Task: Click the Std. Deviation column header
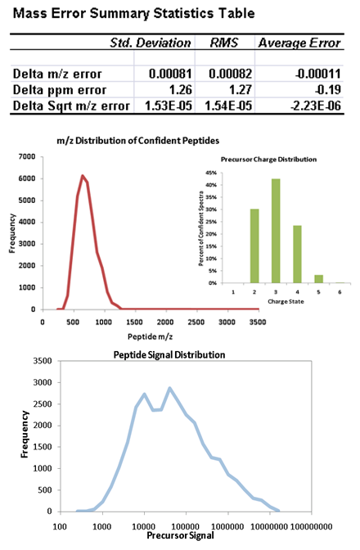coord(151,43)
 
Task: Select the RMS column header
coord(224,43)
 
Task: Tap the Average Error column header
coord(299,43)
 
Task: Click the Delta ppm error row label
coord(59,90)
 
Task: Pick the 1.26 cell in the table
coord(181,90)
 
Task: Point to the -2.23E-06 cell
coord(316,106)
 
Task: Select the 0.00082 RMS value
coord(230,74)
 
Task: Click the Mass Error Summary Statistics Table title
coord(133,13)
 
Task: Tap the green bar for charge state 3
coord(276,231)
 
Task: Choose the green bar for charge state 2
coord(254,246)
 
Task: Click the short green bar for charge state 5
coord(318,279)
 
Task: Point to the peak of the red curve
coord(83,175)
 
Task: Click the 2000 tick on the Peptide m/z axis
coord(165,322)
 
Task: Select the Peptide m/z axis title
coord(150,336)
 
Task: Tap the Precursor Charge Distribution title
coord(268,160)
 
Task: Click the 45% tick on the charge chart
coord(213,173)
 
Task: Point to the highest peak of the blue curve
coord(169,388)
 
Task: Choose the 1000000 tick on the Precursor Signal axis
coord(227,526)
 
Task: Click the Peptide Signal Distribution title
coord(169,354)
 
